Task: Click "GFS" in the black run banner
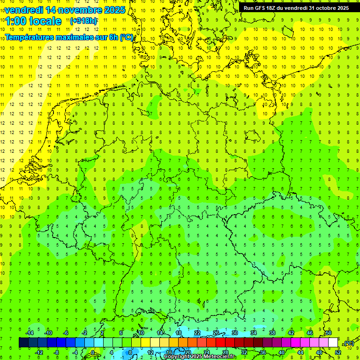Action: [261, 8]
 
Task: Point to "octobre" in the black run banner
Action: [323, 8]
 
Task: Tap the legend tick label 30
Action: [235, 333]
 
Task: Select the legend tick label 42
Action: [291, 333]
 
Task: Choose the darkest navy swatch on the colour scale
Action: [23, 342]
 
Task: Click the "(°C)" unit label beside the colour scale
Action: [348, 343]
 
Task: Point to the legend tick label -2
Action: [85, 333]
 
